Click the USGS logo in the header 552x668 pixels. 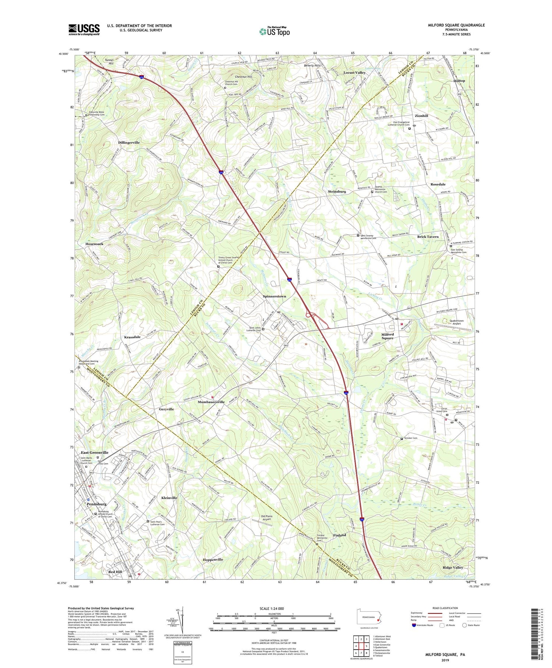point(84,29)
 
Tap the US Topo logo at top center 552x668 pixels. point(274,31)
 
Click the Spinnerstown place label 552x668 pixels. point(274,296)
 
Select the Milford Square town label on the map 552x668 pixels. point(387,336)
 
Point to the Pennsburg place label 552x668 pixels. point(96,504)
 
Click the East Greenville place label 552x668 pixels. point(95,452)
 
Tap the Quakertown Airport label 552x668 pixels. point(456,322)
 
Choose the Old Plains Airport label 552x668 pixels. point(267,518)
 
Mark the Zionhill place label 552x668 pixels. point(421,116)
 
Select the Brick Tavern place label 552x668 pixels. point(428,237)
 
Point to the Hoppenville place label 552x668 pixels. point(213,560)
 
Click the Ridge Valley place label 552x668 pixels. point(453,567)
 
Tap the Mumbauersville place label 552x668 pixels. point(211,402)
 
